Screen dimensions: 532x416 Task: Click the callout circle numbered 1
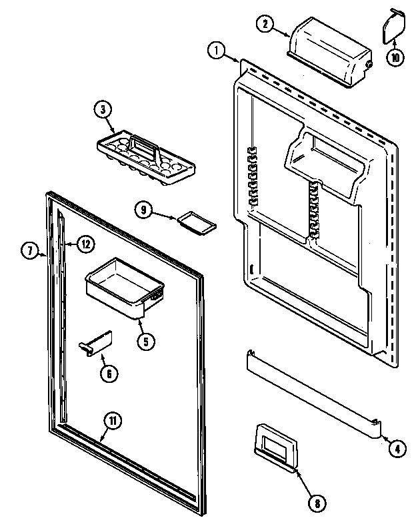coord(215,49)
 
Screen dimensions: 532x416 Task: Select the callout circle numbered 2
coord(265,23)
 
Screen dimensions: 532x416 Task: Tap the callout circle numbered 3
coord(103,110)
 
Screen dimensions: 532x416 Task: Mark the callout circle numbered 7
coord(29,251)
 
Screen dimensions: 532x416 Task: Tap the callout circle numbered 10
coord(395,57)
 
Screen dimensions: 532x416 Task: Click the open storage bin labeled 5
coord(124,282)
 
